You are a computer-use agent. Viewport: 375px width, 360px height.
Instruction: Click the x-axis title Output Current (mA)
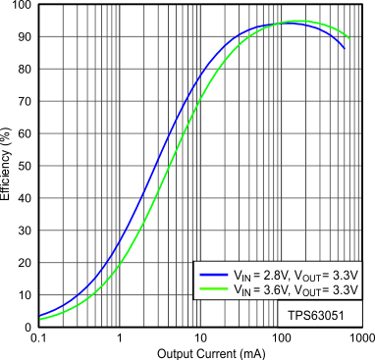coord(199,351)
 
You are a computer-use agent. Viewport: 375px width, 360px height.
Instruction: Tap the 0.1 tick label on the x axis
coord(38,337)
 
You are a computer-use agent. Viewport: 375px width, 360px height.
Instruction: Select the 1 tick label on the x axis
coord(119,337)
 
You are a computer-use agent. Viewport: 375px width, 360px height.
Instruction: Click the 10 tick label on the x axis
coord(199,337)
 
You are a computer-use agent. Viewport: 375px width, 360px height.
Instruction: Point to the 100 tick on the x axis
coord(281,337)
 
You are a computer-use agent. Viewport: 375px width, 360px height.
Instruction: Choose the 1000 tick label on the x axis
coord(359,337)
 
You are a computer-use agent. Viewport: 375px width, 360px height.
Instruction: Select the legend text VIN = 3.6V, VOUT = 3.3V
coord(290,290)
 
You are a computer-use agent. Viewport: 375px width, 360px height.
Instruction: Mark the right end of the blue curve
coord(345,48)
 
